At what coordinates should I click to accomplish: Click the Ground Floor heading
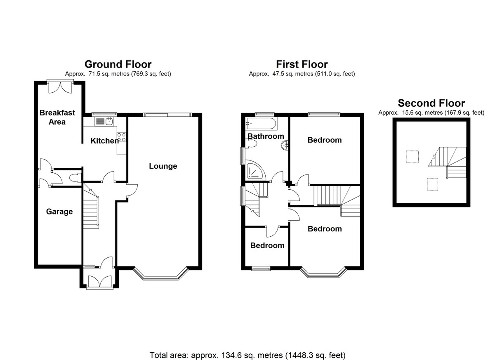pos(118,64)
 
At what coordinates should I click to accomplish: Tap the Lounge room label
pos(163,166)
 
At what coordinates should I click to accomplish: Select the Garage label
pos(59,212)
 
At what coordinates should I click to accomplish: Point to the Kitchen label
pos(104,141)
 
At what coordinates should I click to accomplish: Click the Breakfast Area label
pos(57,117)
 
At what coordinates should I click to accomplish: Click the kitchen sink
pos(104,122)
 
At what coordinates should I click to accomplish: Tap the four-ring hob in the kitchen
pos(122,137)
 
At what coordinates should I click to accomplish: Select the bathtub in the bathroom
pos(261,124)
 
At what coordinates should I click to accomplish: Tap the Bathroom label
pos(266,136)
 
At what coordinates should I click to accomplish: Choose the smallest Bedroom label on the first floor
pos(267,245)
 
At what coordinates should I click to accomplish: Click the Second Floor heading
pos(431,103)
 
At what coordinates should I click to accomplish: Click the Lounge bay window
pos(160,274)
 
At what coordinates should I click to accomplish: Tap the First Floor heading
pos(302,64)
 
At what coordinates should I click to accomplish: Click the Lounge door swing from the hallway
pos(132,190)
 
